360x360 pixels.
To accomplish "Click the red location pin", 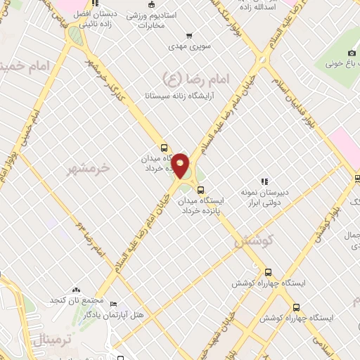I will (x=181, y=165).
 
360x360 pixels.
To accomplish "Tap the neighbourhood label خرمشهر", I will (x=89, y=169).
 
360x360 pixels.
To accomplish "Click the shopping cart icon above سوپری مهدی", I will (x=188, y=36).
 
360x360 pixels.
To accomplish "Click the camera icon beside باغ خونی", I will (x=352, y=54).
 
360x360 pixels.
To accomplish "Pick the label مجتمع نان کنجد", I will (x=77, y=301).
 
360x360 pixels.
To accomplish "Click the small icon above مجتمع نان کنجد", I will (x=77, y=290).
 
